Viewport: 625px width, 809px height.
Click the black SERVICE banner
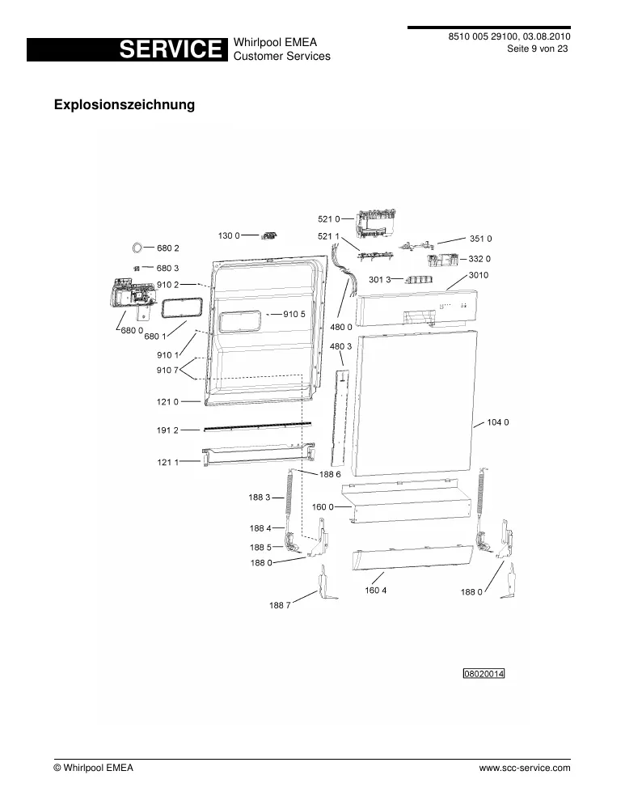(x=127, y=49)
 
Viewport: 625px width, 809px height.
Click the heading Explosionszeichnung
(x=125, y=104)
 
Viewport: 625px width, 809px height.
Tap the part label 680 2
(x=168, y=248)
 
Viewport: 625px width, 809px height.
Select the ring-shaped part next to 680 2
(x=138, y=248)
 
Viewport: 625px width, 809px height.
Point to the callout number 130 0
(x=229, y=235)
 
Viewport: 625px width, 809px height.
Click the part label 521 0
(x=329, y=219)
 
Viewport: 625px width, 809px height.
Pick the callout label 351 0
(x=480, y=239)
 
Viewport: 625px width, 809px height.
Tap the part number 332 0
(x=479, y=259)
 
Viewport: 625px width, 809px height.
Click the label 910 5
(x=294, y=314)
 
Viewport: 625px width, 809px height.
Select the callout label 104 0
(x=498, y=422)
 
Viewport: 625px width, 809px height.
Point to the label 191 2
(x=167, y=430)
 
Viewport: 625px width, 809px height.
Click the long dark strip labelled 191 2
(x=258, y=426)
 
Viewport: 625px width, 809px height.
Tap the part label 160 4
(x=375, y=591)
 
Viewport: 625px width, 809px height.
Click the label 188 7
(x=280, y=605)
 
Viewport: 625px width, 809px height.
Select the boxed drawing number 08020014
(x=484, y=674)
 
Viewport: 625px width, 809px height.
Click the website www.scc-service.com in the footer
(x=525, y=768)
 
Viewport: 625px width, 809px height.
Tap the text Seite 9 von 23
(x=538, y=49)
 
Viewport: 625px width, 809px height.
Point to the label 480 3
(x=341, y=346)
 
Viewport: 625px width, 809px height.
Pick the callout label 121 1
(x=168, y=462)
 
